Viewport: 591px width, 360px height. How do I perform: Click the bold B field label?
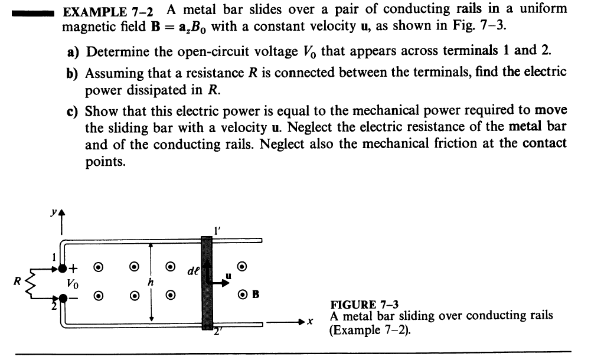(x=255, y=293)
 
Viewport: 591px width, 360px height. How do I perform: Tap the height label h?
(x=150, y=283)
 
